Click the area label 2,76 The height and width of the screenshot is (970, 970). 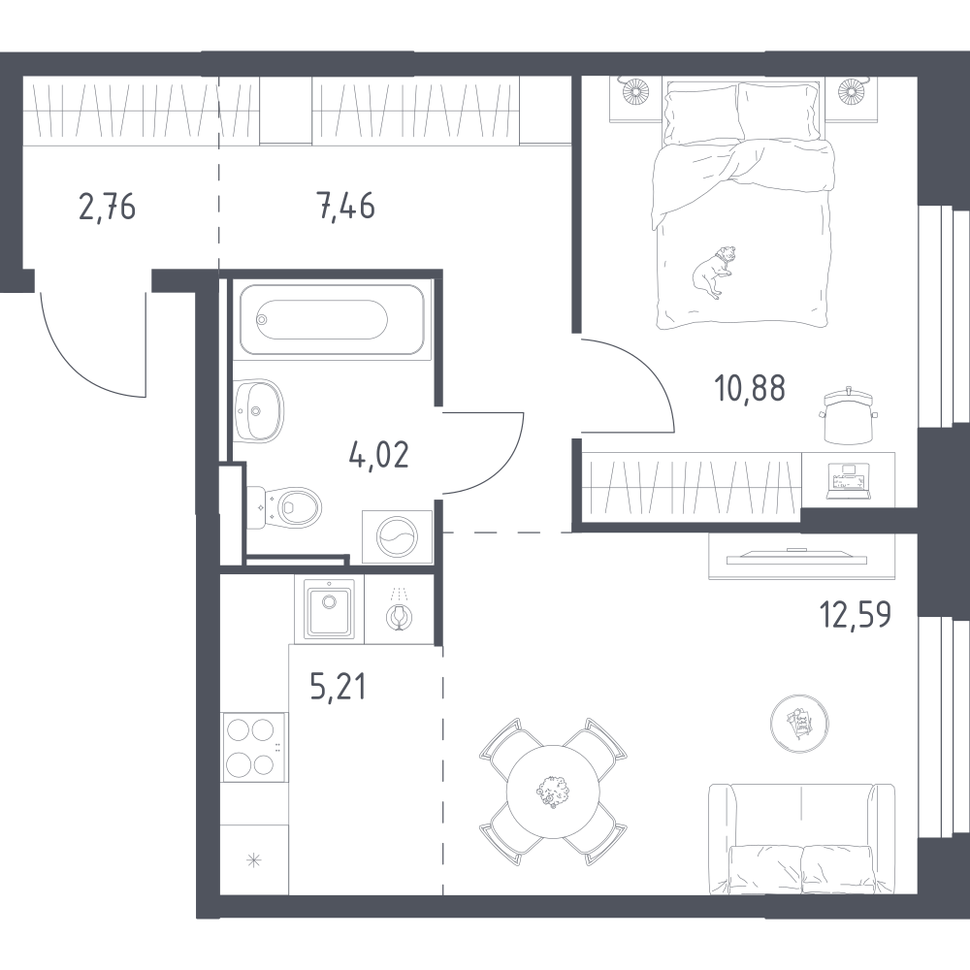pyautogui.click(x=107, y=207)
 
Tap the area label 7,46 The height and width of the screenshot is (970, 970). pyautogui.click(x=346, y=206)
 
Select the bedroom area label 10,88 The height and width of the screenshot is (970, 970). pyautogui.click(x=750, y=389)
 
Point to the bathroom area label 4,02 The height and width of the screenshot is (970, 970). pyautogui.click(x=379, y=455)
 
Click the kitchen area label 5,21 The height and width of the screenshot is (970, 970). pyautogui.click(x=339, y=688)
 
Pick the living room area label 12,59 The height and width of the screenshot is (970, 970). pyautogui.click(x=856, y=614)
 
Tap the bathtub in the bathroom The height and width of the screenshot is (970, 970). pyautogui.click(x=332, y=320)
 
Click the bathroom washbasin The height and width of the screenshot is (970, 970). pyautogui.click(x=259, y=410)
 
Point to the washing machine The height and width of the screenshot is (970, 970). pyautogui.click(x=397, y=537)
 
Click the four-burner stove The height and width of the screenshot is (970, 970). pyautogui.click(x=253, y=747)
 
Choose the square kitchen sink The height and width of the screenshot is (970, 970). pyautogui.click(x=329, y=609)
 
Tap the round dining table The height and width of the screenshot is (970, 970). pyautogui.click(x=553, y=792)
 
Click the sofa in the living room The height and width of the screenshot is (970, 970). pyautogui.click(x=802, y=839)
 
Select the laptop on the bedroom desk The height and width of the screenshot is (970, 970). pyautogui.click(x=849, y=480)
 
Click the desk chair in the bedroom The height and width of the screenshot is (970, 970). pyautogui.click(x=850, y=416)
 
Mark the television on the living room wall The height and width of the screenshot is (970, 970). pyautogui.click(x=796, y=558)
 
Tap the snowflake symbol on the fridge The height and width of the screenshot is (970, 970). pyautogui.click(x=253, y=859)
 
